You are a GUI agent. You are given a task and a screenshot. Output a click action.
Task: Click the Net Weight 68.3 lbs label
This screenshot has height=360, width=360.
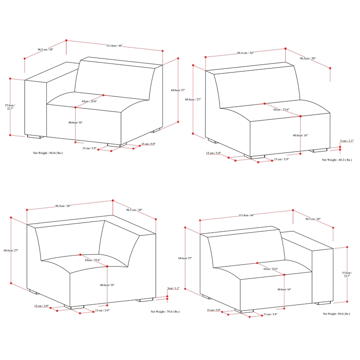tap(337, 160)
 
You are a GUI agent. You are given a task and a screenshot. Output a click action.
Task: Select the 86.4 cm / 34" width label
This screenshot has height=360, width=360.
tap(245, 53)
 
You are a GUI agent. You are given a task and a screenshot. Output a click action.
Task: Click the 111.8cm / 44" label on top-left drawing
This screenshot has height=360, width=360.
tap(114, 46)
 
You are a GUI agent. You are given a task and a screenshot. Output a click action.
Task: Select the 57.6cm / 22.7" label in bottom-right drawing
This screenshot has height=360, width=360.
tap(346, 275)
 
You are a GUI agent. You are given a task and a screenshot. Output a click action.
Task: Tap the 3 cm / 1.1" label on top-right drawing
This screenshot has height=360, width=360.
tap(346, 141)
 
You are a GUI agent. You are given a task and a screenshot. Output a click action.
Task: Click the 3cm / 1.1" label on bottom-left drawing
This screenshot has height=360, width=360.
tap(173, 288)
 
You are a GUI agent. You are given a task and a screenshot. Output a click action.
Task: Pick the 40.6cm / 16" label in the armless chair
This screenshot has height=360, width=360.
tap(300, 135)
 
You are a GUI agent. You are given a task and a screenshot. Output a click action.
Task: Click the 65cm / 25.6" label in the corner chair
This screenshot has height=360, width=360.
tap(92, 260)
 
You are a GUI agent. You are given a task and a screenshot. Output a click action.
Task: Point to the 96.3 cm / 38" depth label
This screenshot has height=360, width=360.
tap(313, 220)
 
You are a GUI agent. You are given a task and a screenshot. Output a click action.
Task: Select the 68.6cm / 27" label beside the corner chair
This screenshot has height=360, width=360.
tap(10, 250)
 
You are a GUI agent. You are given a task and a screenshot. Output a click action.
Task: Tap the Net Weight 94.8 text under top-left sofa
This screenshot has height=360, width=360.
tap(48, 153)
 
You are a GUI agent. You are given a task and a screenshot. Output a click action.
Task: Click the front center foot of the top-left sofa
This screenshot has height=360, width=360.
tap(114, 145)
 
